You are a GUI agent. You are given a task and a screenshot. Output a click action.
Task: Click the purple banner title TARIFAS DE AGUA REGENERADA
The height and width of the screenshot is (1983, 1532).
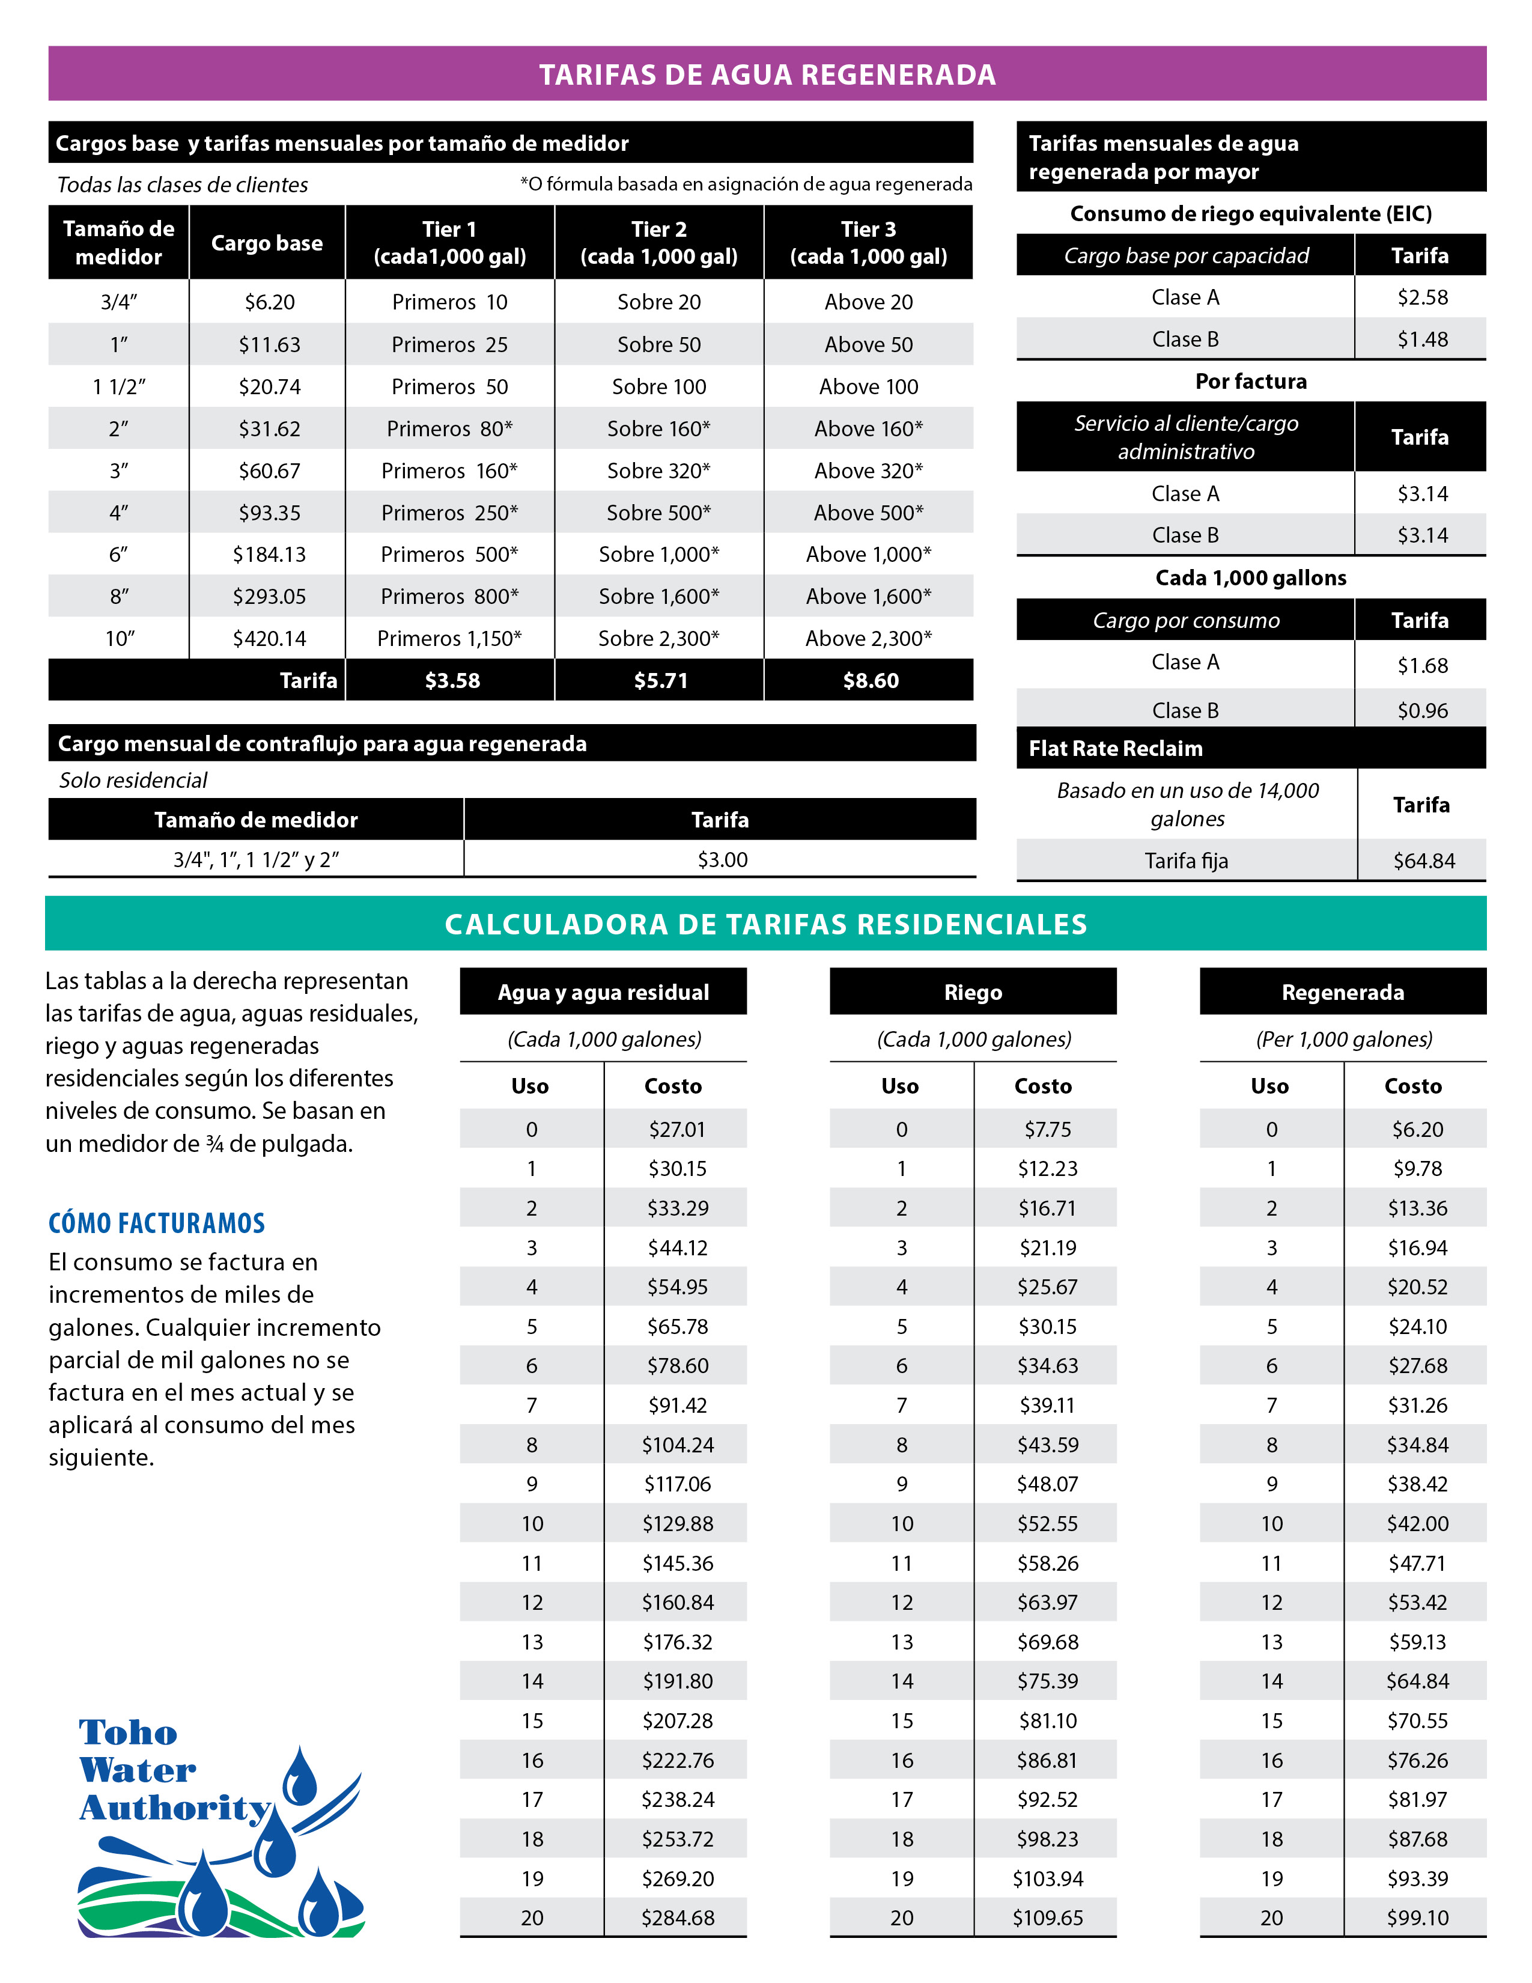pos(767,75)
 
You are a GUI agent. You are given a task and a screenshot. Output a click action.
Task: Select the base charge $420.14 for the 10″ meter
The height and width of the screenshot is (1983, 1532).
pos(270,638)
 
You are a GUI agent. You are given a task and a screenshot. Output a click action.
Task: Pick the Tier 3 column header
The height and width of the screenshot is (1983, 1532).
pos(869,242)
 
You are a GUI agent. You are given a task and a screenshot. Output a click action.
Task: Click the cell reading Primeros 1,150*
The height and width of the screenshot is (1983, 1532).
pos(449,638)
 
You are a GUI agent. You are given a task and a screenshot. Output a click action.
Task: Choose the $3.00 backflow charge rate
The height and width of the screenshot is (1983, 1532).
pos(722,859)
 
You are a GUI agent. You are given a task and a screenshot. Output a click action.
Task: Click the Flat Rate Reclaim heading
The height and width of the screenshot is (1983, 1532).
pos(1116,748)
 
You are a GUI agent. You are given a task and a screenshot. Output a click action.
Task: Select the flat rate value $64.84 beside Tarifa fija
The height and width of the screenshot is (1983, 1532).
pos(1423,860)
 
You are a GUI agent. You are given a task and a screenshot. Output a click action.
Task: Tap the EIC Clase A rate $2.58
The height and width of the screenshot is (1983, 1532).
pos(1422,297)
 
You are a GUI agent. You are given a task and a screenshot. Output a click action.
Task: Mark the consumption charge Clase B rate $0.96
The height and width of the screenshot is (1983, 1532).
pos(1422,710)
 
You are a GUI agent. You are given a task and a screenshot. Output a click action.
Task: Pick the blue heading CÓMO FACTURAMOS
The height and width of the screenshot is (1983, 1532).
pos(157,1223)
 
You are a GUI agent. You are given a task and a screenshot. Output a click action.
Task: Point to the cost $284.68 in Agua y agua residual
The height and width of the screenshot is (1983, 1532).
pos(677,1918)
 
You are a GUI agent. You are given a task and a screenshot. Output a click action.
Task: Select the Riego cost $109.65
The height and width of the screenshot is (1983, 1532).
pos(1047,1918)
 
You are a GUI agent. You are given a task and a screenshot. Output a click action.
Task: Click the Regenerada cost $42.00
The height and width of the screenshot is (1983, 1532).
pos(1417,1523)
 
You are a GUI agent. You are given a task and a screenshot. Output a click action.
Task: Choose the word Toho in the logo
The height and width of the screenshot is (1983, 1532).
pos(128,1732)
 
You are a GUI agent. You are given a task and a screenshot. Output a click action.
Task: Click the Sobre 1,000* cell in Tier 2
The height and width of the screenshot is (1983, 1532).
pos(659,554)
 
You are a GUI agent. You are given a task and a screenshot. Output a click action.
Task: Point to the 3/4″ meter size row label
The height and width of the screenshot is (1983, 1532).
pos(119,302)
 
